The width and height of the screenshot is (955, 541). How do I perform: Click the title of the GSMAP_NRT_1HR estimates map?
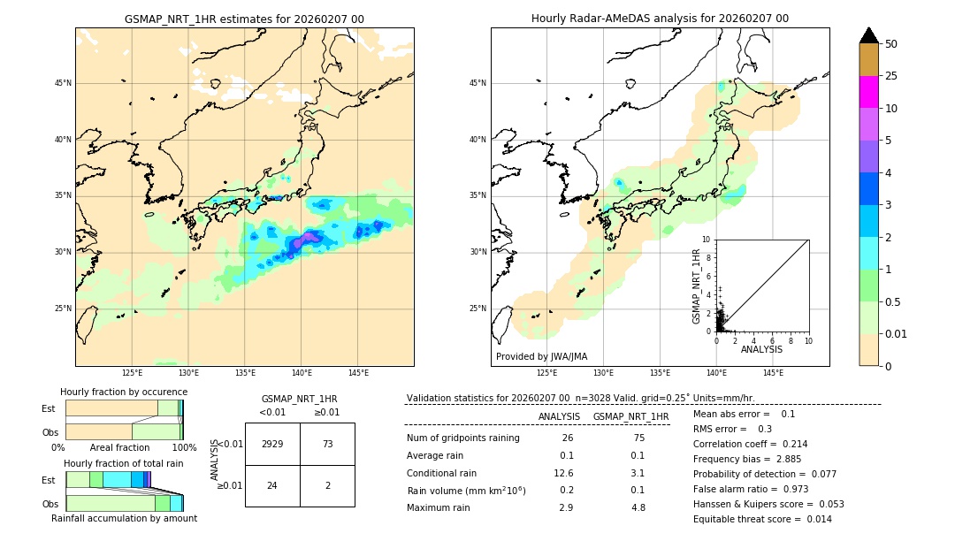244,19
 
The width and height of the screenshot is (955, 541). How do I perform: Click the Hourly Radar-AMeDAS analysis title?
660,19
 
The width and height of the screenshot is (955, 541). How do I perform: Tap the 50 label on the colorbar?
891,43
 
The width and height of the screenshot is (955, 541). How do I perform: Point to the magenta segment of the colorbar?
868,92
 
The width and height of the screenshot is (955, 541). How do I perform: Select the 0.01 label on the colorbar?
898,333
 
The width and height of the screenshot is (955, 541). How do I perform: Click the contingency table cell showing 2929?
272,444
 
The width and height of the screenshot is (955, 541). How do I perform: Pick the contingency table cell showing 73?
327,444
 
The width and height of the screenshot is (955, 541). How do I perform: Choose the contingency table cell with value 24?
272,485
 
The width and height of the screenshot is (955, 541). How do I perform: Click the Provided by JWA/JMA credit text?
541,356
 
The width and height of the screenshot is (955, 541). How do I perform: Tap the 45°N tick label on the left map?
63,83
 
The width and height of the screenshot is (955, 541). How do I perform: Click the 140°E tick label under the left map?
302,373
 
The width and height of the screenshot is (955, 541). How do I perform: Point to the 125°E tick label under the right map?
547,373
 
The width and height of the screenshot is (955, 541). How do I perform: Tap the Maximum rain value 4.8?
638,507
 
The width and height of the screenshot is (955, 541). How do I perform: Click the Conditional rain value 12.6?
564,472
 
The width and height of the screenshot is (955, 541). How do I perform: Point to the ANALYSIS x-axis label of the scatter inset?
761,349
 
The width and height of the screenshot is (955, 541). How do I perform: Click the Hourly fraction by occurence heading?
124,392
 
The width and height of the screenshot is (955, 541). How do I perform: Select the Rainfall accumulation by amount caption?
124,518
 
